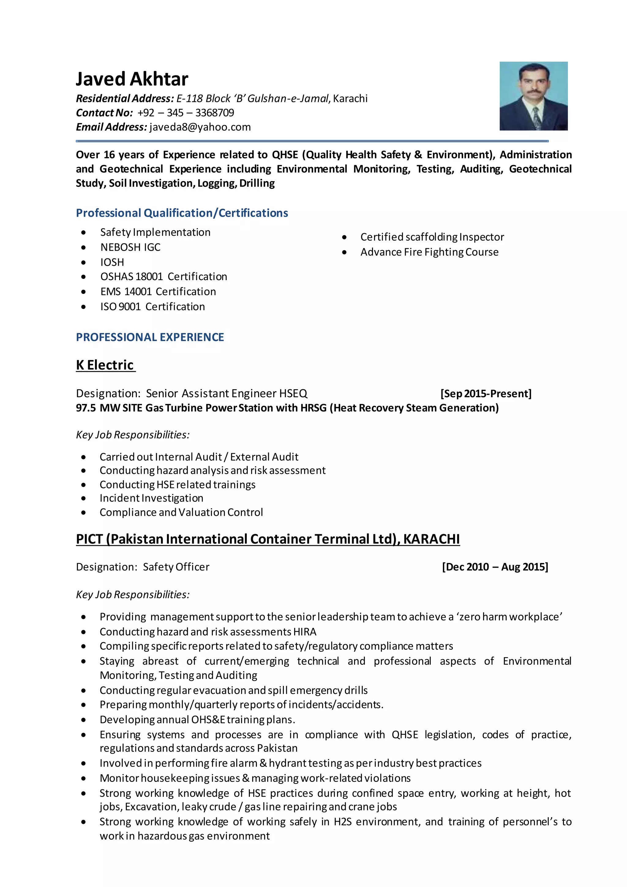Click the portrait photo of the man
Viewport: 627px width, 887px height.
533,96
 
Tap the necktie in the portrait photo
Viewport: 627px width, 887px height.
536,118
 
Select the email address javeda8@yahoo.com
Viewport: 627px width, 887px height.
200,127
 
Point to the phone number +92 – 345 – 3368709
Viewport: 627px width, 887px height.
186,113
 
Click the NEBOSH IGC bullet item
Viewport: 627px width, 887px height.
130,247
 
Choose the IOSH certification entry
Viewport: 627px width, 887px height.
112,262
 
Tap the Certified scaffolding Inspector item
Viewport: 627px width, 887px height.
432,237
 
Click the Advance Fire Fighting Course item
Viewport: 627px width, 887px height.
429,252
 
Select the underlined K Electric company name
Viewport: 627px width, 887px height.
105,365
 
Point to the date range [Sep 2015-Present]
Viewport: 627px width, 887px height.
486,394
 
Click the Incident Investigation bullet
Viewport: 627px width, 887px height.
151,498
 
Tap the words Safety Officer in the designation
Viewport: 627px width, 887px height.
176,567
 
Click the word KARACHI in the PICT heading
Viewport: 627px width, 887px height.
431,539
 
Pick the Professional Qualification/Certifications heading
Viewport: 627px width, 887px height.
182,213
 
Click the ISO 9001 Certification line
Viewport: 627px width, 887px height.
152,307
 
